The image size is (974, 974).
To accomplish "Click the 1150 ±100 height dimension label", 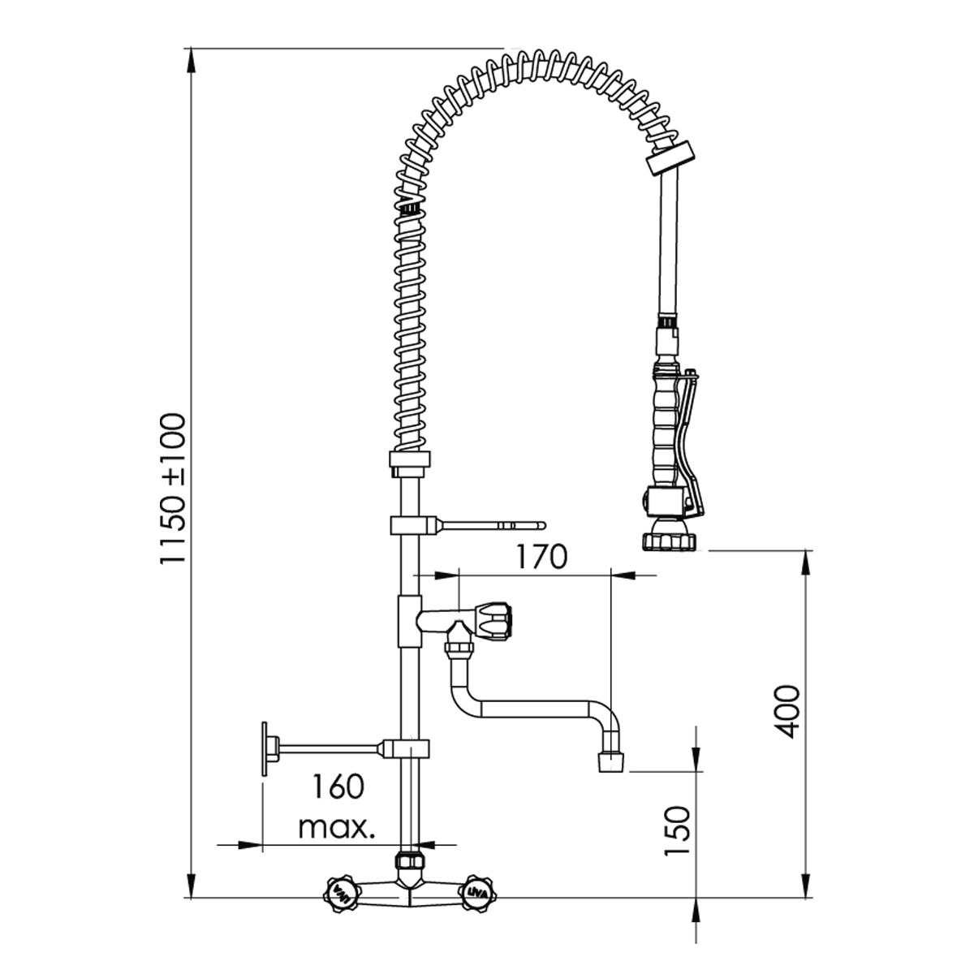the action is pos(174,488).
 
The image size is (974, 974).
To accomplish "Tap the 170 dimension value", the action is pos(541,557).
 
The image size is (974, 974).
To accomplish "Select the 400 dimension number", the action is pos(787,712).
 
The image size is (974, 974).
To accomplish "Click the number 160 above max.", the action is pos(337,787).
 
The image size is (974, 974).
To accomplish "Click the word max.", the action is pos(337,827).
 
